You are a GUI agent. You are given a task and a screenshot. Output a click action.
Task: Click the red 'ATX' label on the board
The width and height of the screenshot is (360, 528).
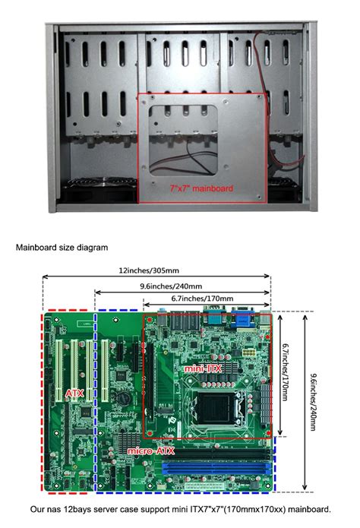(x=74, y=394)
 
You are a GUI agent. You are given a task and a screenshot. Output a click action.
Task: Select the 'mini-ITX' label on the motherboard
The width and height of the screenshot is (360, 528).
(x=203, y=367)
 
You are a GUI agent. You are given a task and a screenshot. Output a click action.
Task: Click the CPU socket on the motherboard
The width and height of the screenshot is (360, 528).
(x=220, y=406)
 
